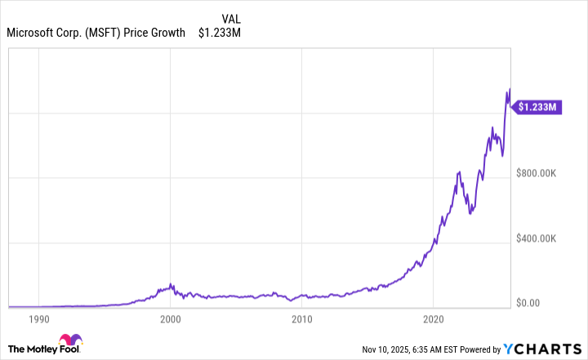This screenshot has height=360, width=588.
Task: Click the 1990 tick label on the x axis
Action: [x=39, y=318]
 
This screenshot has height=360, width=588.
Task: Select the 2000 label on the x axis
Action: [x=171, y=318]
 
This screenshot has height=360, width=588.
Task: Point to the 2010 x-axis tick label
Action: [x=302, y=318]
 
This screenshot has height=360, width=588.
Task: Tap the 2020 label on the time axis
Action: [x=434, y=318]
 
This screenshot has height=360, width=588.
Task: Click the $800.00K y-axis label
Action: [x=536, y=173]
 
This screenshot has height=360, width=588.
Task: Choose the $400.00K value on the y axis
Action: [x=536, y=238]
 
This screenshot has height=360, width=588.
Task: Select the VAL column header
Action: [x=231, y=18]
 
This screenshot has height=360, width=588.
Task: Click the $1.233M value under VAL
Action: [x=220, y=33]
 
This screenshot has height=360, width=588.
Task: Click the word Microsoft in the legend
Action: [x=32, y=33]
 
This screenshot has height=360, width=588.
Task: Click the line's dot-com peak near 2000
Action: [x=171, y=284]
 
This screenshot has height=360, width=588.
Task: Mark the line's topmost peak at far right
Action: [x=510, y=89]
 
